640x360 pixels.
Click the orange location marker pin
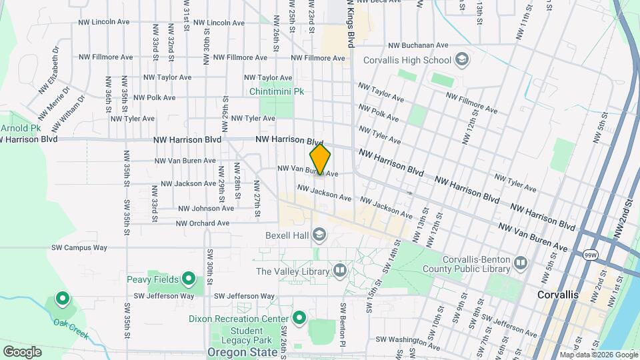pyautogui.click(x=320, y=160)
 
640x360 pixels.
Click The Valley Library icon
pyautogui.click(x=340, y=271)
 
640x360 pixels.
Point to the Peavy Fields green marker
pyautogui.click(x=189, y=279)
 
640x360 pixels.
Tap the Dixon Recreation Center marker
pyautogui.click(x=299, y=318)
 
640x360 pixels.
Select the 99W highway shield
pyautogui.click(x=590, y=255)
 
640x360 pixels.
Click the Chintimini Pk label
pyautogui.click(x=277, y=91)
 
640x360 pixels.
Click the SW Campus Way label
pyautogui.click(x=79, y=247)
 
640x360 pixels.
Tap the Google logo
pyautogui.click(x=22, y=351)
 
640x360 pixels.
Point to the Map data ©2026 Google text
pyautogui.click(x=598, y=355)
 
